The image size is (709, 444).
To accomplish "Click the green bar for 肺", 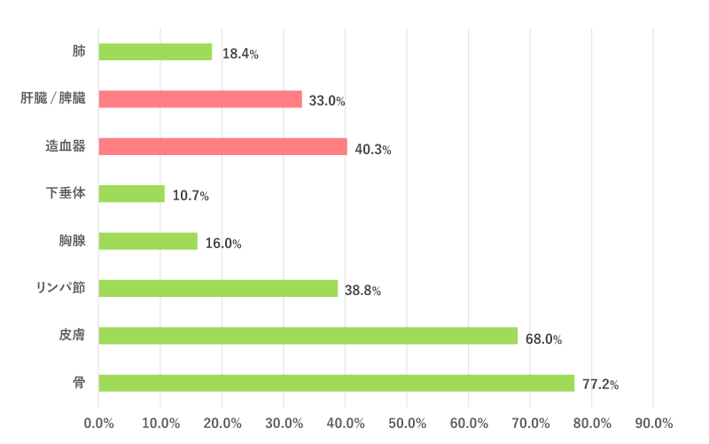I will tap(155, 51).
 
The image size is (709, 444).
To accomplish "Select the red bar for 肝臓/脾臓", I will tap(200, 99).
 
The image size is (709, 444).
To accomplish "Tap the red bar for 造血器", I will tap(222, 146).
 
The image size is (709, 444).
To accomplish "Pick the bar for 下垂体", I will tap(131, 193).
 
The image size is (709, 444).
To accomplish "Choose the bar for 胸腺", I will tap(148, 241).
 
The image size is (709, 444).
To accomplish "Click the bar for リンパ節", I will tap(218, 288).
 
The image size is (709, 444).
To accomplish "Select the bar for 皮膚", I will tap(308, 336).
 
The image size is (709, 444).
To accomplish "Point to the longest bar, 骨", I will tap(336, 383).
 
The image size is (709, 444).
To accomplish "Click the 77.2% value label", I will tap(600, 385).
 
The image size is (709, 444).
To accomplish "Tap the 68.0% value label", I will tap(543, 338).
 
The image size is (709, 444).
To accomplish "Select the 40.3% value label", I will tap(372, 149).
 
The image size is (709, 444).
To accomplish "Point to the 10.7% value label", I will tap(191, 196).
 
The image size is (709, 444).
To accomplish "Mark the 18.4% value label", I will tap(240, 54).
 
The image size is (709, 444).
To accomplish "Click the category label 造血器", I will tap(66, 146).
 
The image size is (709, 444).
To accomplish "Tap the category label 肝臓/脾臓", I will tap(53, 99).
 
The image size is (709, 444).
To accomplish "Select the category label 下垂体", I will tap(66, 193).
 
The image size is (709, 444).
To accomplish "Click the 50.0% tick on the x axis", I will tap(407, 423).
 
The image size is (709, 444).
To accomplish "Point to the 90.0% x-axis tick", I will tap(653, 423).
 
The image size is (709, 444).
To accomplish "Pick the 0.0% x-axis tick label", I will tap(98, 423).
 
